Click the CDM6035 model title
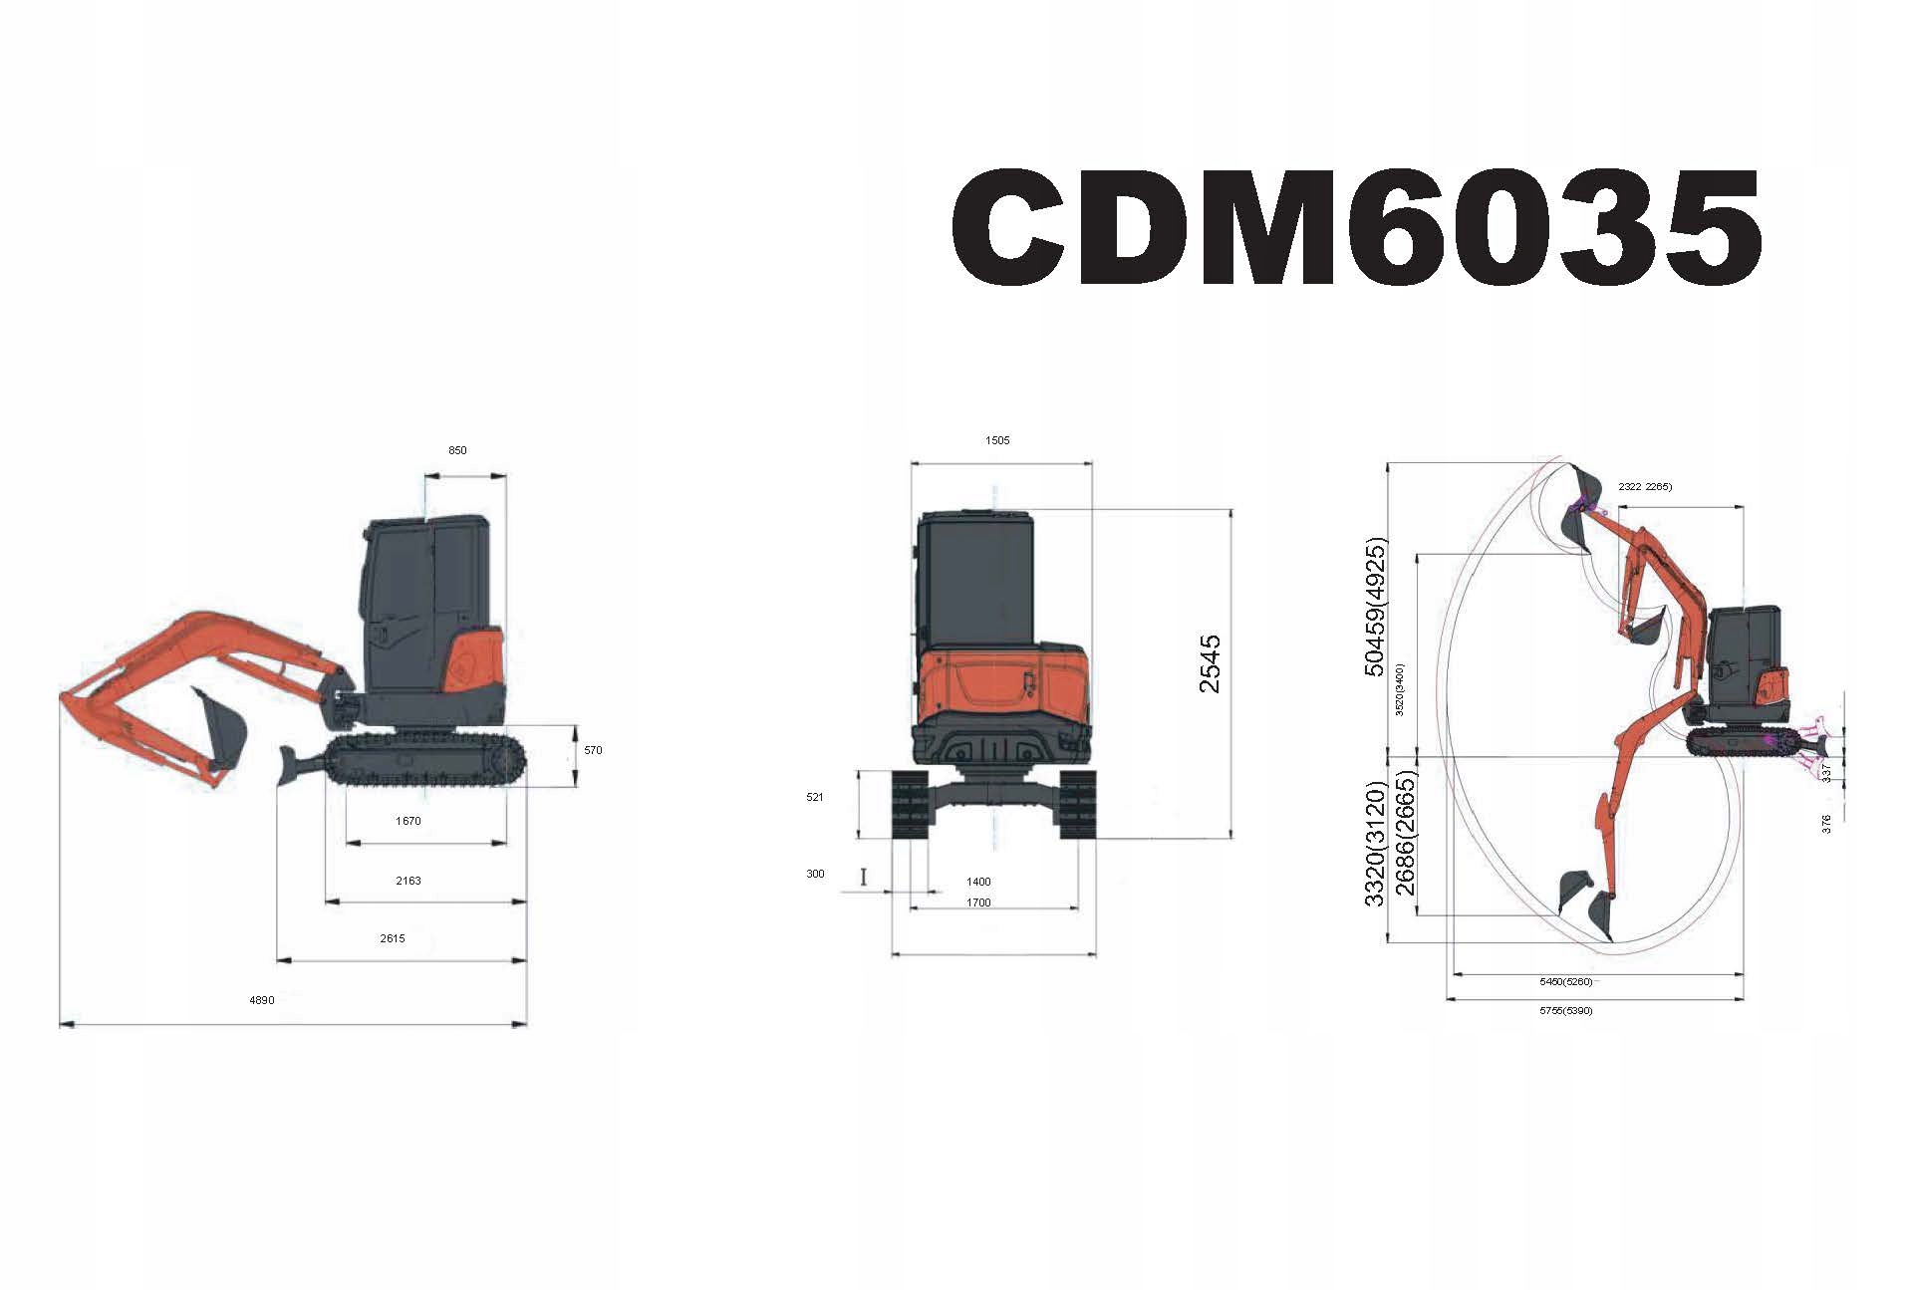click(1356, 227)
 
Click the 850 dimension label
click(457, 450)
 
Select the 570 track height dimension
click(593, 751)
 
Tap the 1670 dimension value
click(408, 822)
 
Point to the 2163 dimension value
click(408, 882)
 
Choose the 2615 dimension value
click(393, 939)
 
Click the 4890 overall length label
click(262, 1001)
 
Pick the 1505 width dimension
click(997, 440)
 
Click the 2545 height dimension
click(1210, 664)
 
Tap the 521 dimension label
click(815, 798)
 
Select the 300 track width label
click(816, 875)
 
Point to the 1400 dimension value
click(978, 883)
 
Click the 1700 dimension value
click(978, 903)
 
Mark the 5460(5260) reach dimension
click(1566, 982)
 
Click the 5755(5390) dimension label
click(1566, 1011)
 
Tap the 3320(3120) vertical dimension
click(1375, 845)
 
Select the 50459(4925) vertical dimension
click(1375, 608)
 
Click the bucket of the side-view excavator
click(223, 727)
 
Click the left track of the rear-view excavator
click(910, 804)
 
